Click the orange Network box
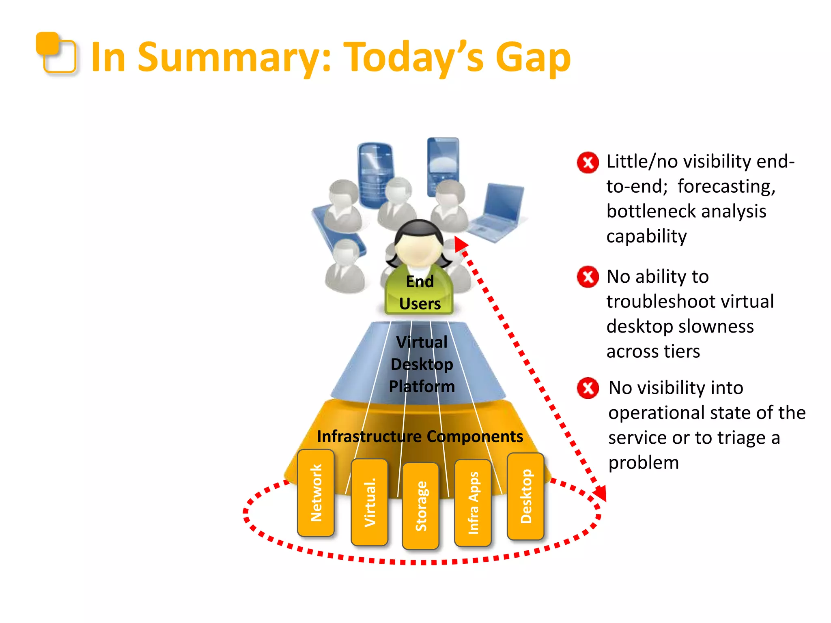(316, 492)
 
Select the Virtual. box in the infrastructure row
(369, 502)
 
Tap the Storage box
(421, 506)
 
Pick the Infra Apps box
(473, 503)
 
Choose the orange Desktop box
(525, 496)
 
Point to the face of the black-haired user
(418, 249)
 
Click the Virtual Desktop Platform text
(422, 364)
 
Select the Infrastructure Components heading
(420, 436)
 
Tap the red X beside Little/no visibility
(588, 163)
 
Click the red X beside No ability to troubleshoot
(588, 277)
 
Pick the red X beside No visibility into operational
(588, 388)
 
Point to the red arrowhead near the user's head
(460, 244)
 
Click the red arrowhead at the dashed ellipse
(600, 493)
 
